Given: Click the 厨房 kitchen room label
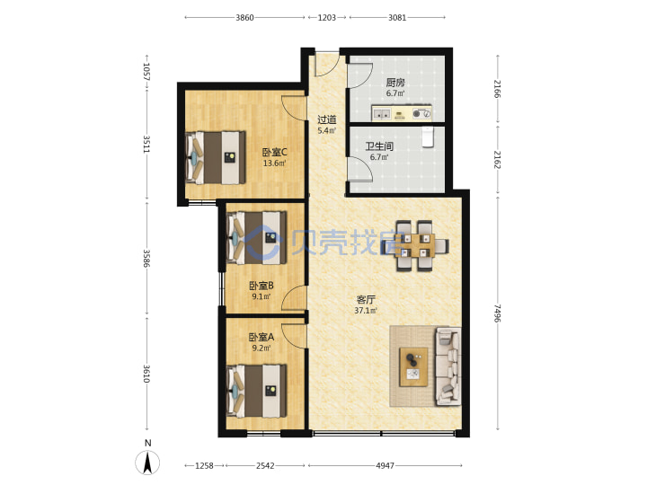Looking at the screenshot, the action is pyautogui.click(x=394, y=83).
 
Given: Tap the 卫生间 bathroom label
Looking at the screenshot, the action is pyautogui.click(x=379, y=146).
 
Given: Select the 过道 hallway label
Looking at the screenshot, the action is pyautogui.click(x=326, y=120).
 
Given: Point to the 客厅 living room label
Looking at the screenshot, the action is pyautogui.click(x=366, y=299).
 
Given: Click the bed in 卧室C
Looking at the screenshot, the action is pyautogui.click(x=216, y=157).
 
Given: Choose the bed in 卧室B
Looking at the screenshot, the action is pyautogui.click(x=257, y=237).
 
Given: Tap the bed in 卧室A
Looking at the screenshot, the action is pyautogui.click(x=257, y=391).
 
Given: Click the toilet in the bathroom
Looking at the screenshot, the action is pyautogui.click(x=428, y=137).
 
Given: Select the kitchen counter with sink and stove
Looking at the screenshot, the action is pyautogui.click(x=402, y=112).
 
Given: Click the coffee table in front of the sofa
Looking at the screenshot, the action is pyautogui.click(x=413, y=367).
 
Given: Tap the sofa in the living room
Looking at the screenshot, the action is pyautogui.click(x=448, y=366).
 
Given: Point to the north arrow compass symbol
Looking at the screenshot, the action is pyautogui.click(x=147, y=463).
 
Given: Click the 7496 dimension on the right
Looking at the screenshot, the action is pyautogui.click(x=498, y=313).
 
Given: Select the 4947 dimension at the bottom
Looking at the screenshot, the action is pyautogui.click(x=385, y=465).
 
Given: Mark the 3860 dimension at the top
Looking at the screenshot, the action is pyautogui.click(x=244, y=18).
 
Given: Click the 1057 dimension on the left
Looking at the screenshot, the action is pyautogui.click(x=146, y=72).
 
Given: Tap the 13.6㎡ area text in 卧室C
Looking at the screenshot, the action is pyautogui.click(x=274, y=163).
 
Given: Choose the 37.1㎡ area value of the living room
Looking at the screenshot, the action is pyautogui.click(x=366, y=311).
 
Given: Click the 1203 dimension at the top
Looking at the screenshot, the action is pyautogui.click(x=327, y=18).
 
